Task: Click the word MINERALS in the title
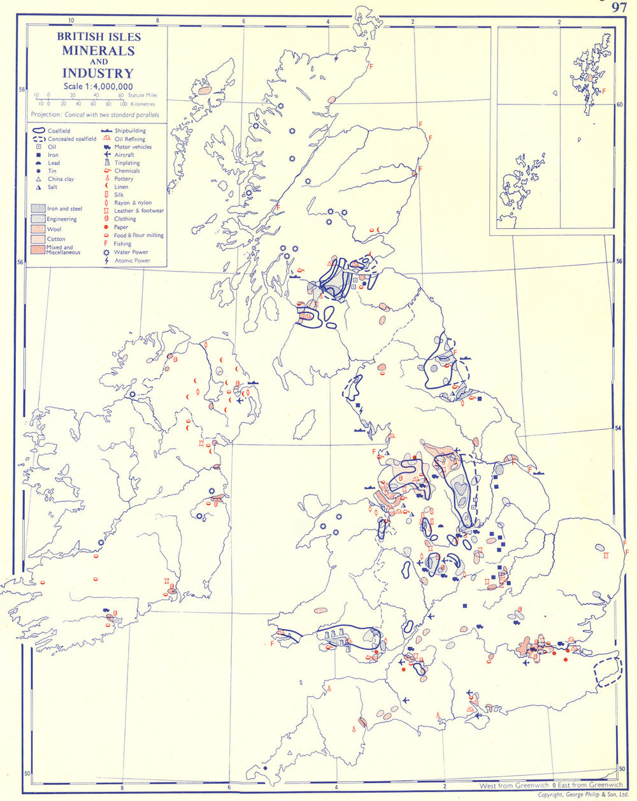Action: (x=98, y=50)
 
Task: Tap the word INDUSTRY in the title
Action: (x=98, y=73)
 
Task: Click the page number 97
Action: (x=619, y=7)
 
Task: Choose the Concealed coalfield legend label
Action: (x=72, y=138)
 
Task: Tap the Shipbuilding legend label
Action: (x=130, y=131)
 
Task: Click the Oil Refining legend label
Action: (x=130, y=139)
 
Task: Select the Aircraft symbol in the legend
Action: (x=106, y=155)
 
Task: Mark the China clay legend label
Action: (x=61, y=179)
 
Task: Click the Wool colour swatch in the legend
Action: (x=38, y=229)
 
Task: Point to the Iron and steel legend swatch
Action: (x=38, y=208)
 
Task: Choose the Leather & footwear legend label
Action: (x=139, y=210)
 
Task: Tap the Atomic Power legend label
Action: (x=132, y=260)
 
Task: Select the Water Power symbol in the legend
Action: (x=106, y=252)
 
